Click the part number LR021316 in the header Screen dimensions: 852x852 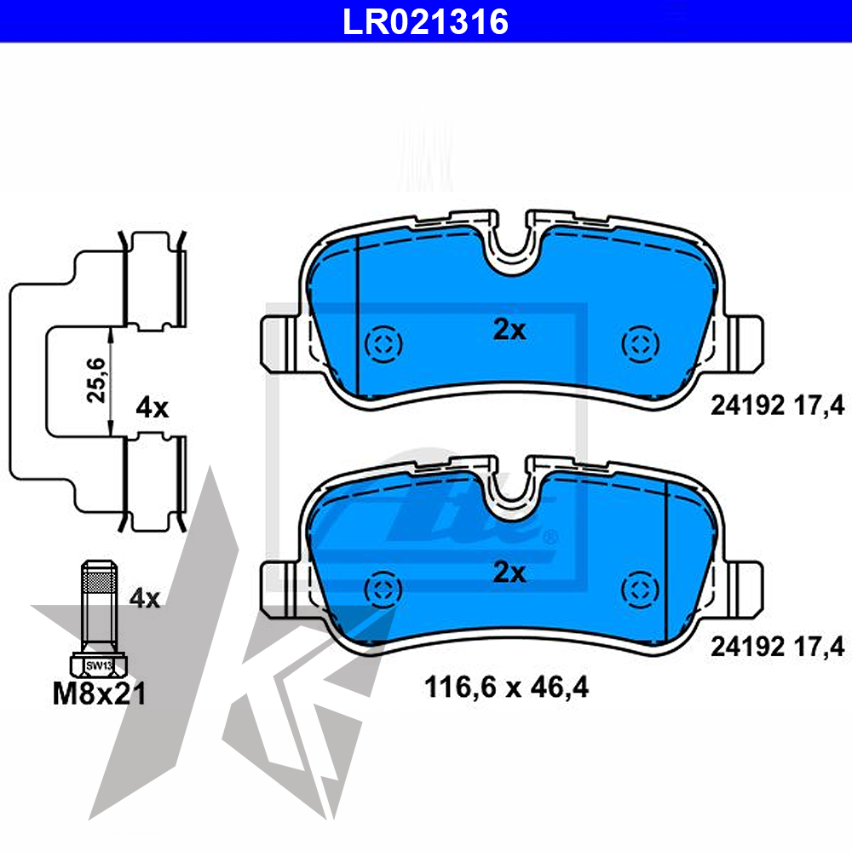point(425,20)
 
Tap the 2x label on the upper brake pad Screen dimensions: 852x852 point(509,330)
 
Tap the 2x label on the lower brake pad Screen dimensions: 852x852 point(509,573)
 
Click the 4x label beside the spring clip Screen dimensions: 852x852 point(153,408)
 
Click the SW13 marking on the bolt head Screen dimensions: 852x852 point(99,665)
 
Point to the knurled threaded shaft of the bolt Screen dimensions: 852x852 point(99,601)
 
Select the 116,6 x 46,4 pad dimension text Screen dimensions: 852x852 point(506,686)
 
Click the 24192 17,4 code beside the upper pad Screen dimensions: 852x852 point(777,407)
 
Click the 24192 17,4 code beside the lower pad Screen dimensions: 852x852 point(777,648)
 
